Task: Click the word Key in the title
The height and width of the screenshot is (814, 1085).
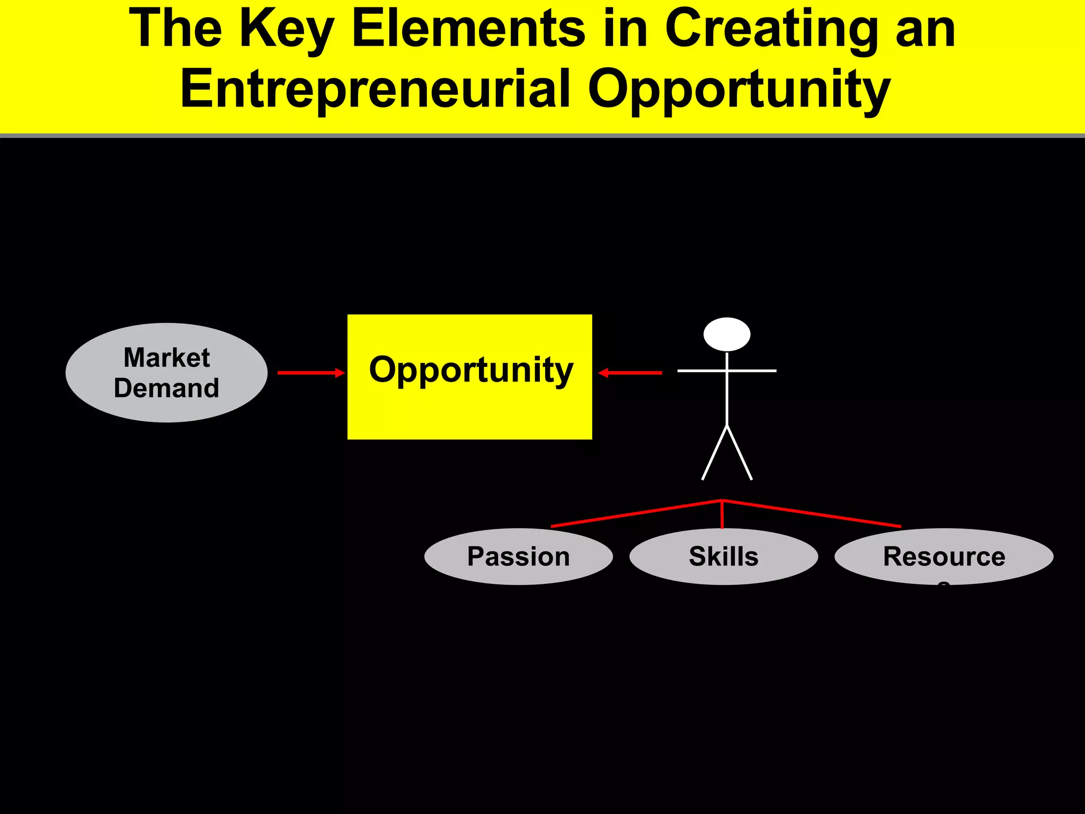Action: (287, 29)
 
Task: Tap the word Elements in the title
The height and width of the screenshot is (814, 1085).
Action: (468, 29)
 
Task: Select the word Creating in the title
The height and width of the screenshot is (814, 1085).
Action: (771, 29)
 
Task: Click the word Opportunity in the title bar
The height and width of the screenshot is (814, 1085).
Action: (739, 89)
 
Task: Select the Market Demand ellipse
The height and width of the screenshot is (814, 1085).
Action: (166, 373)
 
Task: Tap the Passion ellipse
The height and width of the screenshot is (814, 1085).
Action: (518, 556)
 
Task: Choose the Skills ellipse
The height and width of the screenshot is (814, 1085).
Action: (723, 556)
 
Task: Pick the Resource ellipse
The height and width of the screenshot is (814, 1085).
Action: (944, 556)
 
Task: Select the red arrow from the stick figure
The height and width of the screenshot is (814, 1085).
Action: (630, 373)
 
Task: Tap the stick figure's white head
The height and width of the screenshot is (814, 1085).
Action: (727, 334)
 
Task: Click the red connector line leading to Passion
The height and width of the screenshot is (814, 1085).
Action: (636, 513)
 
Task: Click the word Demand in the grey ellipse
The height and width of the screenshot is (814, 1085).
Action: (166, 388)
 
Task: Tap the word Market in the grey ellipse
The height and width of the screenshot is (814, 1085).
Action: (166, 358)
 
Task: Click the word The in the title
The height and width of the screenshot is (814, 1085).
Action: (175, 29)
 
